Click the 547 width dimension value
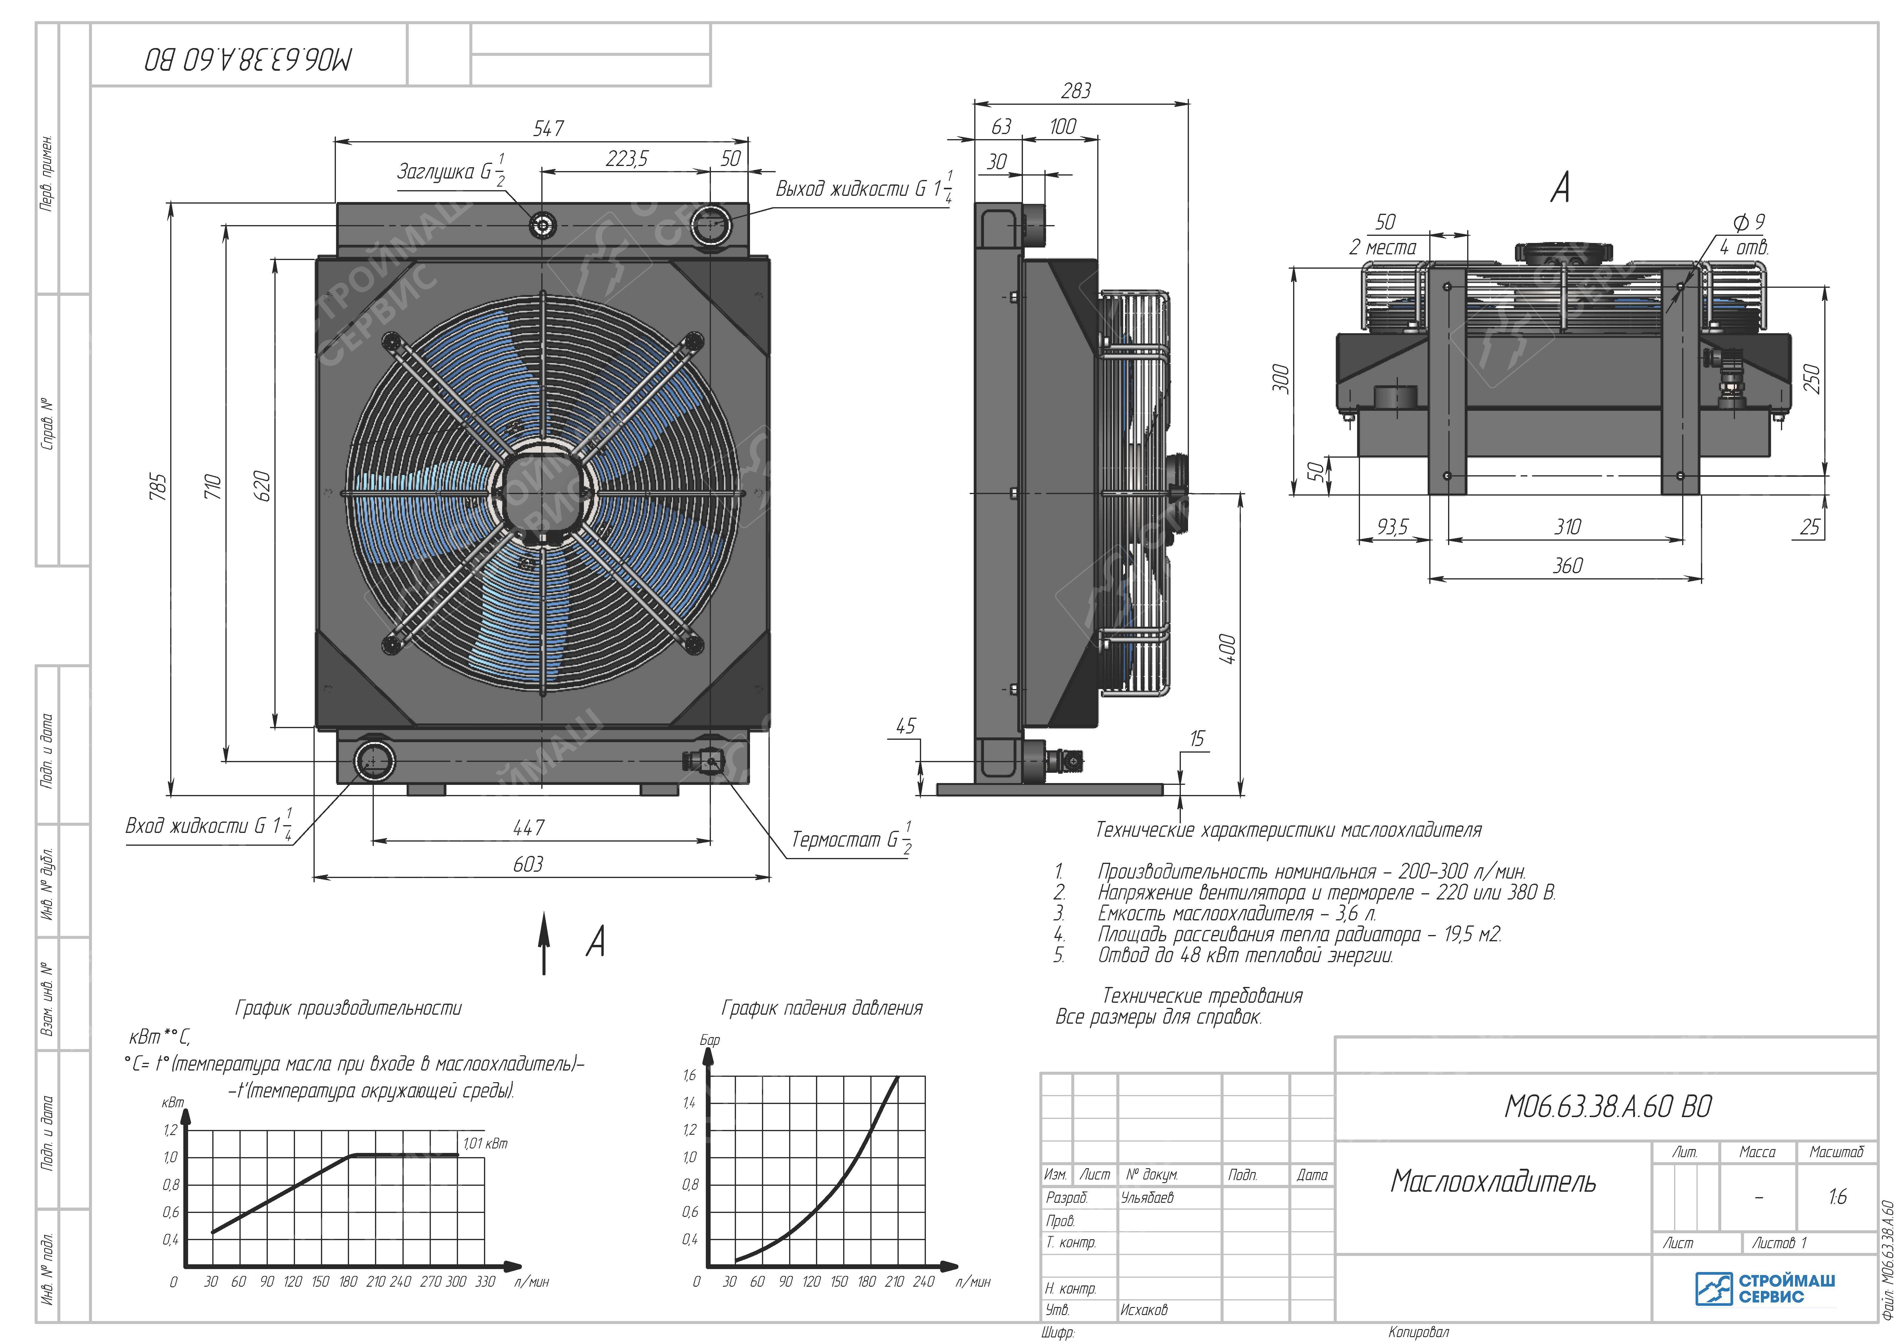(x=548, y=128)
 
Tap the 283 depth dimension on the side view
(x=1076, y=90)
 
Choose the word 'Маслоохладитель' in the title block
(x=1493, y=1181)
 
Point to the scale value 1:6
(x=1837, y=1197)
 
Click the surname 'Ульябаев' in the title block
(x=1147, y=1197)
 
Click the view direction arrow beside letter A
(x=544, y=943)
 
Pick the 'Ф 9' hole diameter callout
(x=1749, y=222)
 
